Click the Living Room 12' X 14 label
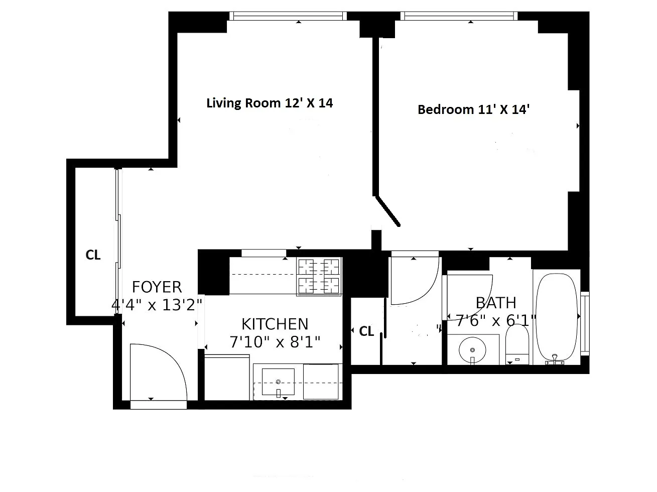270,103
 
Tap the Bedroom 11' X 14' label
473,109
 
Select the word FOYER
157,287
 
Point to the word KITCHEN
275,324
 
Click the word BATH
496,303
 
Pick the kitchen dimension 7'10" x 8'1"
275,342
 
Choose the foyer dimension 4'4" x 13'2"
157,305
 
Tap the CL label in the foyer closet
93,255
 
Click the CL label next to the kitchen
366,331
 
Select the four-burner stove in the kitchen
319,277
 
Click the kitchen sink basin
278,382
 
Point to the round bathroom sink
472,350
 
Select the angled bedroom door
388,211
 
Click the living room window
288,16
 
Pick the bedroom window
459,16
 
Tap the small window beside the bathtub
585,323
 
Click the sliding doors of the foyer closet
118,241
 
